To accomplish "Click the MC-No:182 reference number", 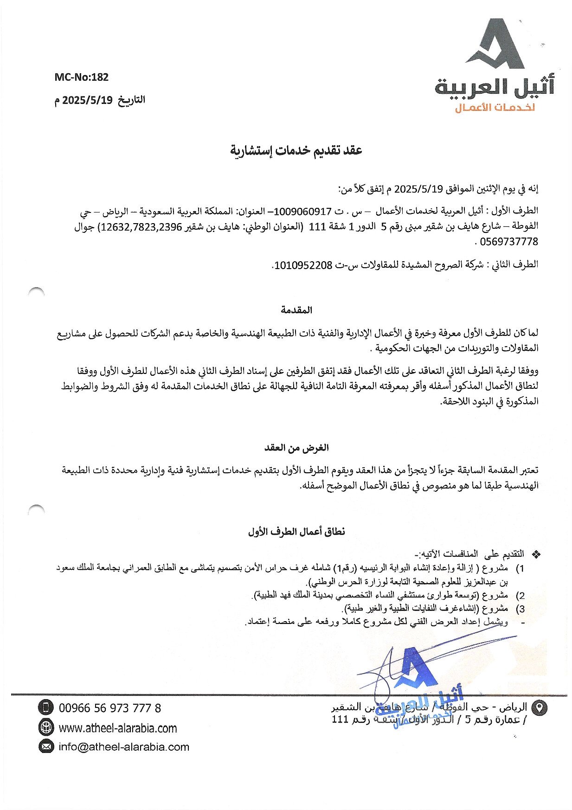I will pyautogui.click(x=81, y=77).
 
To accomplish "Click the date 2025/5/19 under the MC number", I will pyautogui.click(x=88, y=100).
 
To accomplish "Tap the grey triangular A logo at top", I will pyautogui.click(x=497, y=44).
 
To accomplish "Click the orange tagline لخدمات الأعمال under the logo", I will pyautogui.click(x=495, y=108).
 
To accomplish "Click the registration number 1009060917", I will pyautogui.click(x=303, y=212).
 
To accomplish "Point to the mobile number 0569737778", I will pyautogui.click(x=509, y=242).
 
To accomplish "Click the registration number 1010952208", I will pyautogui.click(x=303, y=265).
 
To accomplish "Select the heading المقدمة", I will pyautogui.click(x=296, y=310).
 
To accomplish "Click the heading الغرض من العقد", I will pyautogui.click(x=296, y=448).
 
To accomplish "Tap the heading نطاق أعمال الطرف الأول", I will pyautogui.click(x=296, y=532).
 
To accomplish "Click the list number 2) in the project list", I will pyautogui.click(x=521, y=596).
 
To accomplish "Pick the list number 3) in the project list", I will pyautogui.click(x=521, y=609).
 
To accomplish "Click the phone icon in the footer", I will pyautogui.click(x=46, y=708).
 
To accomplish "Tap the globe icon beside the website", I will pyautogui.click(x=46, y=727).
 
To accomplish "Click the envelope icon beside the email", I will pyautogui.click(x=46, y=747).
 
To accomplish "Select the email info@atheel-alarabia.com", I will pyautogui.click(x=124, y=747).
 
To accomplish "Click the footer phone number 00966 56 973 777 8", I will pyautogui.click(x=110, y=708).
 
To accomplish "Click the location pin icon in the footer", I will pyautogui.click(x=539, y=708).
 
